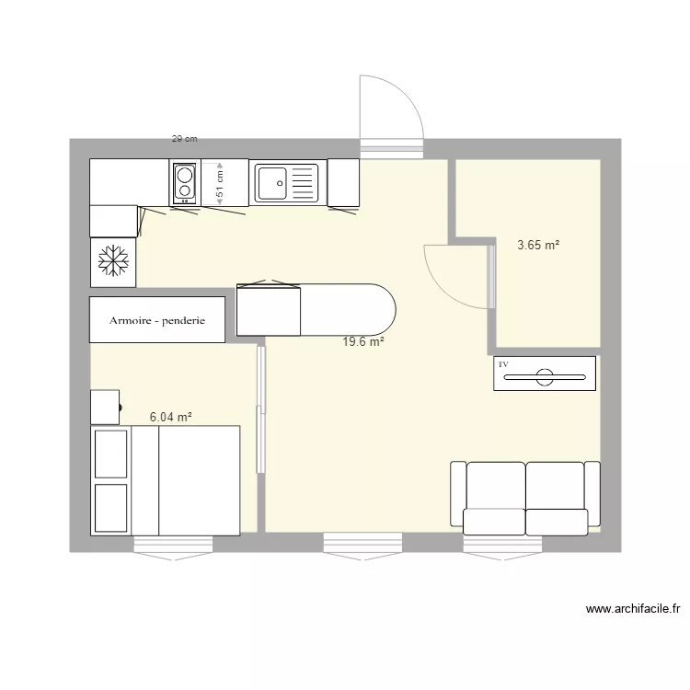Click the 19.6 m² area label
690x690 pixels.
362,341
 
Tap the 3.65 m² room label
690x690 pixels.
538,245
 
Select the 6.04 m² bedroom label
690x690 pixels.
170,417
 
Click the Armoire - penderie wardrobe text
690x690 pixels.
156,321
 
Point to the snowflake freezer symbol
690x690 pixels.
112,261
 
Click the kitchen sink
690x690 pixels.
285,182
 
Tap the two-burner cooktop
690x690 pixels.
184,181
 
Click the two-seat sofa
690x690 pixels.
524,498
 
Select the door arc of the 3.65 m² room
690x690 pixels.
451,276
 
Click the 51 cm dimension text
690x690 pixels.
220,184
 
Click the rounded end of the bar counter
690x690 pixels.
377,309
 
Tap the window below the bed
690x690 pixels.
174,545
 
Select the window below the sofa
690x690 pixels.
504,545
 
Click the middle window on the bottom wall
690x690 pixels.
363,545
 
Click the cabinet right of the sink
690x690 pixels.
343,182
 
